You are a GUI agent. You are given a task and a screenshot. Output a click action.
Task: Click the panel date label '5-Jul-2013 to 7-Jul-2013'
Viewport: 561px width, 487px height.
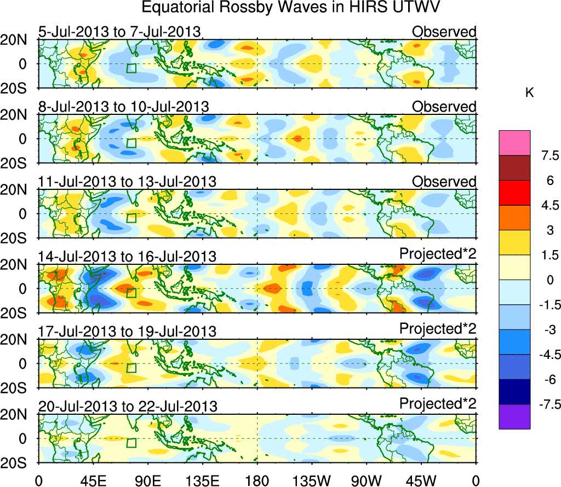[x=119, y=32]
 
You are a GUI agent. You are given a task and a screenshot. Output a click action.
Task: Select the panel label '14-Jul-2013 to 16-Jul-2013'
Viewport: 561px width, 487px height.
[x=127, y=256]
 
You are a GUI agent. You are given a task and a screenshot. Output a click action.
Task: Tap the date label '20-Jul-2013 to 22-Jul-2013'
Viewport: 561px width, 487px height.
[x=127, y=406]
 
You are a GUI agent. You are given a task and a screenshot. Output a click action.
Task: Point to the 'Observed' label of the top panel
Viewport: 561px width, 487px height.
[x=444, y=32]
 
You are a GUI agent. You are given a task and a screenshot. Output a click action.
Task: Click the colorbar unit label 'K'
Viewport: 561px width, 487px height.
[x=529, y=93]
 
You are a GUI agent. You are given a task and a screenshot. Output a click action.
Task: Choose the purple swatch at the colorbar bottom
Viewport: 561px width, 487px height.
[x=514, y=417]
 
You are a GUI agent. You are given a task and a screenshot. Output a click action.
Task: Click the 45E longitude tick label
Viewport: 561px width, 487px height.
[x=93, y=480]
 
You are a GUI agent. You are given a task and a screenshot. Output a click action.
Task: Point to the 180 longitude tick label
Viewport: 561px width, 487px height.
[x=257, y=480]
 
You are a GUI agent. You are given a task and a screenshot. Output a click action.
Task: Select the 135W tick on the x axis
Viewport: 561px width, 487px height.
[x=312, y=480]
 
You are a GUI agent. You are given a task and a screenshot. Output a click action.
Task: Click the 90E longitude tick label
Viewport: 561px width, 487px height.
[x=147, y=480]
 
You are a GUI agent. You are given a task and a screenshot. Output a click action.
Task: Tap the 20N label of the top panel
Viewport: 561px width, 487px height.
[x=18, y=40]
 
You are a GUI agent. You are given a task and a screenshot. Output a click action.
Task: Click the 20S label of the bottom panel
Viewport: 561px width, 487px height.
[x=18, y=463]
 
